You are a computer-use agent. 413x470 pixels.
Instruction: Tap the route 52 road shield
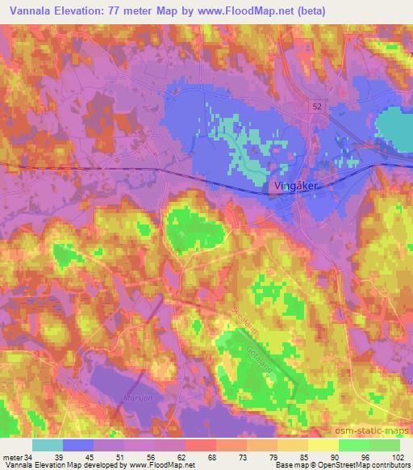point(320,105)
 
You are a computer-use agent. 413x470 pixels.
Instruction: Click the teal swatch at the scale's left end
point(48,444)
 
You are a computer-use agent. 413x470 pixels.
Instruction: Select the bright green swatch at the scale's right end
point(384,444)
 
